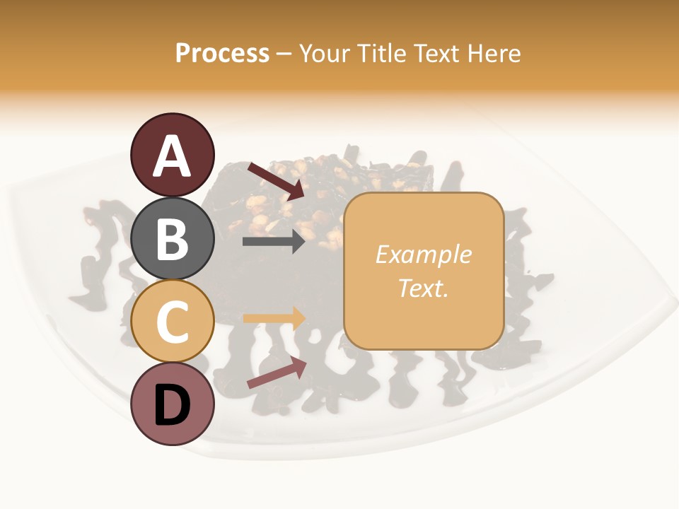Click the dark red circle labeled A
pyautogui.click(x=172, y=155)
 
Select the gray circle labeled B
pyautogui.click(x=172, y=238)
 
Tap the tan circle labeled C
pyautogui.click(x=172, y=321)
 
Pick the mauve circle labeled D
pyautogui.click(x=172, y=404)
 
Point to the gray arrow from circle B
pyautogui.click(x=274, y=242)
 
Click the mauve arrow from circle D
pyautogui.click(x=277, y=373)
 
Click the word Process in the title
pyautogui.click(x=222, y=54)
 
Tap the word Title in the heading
pyautogui.click(x=383, y=54)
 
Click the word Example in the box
pyautogui.click(x=423, y=255)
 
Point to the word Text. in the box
pyautogui.click(x=423, y=288)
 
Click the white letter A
pyautogui.click(x=172, y=156)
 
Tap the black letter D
pyautogui.click(x=172, y=406)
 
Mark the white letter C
pyautogui.click(x=172, y=322)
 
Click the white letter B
pyautogui.click(x=172, y=239)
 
